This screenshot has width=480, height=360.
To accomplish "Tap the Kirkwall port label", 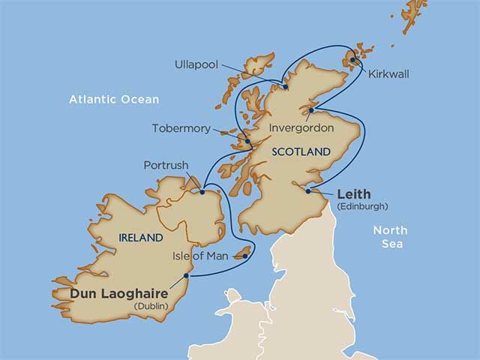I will (388, 74).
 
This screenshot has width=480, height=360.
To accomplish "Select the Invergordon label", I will (301, 128).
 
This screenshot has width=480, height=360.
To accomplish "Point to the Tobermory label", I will (181, 128).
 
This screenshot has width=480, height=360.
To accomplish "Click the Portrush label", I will (166, 165).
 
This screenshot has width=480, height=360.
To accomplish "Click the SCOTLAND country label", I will (301, 151).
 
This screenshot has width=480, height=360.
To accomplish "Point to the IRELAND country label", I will (141, 238).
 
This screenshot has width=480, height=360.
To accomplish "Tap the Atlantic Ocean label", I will (114, 99).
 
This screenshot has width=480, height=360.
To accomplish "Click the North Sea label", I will (390, 237).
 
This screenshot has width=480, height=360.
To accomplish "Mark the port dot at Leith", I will (308, 191).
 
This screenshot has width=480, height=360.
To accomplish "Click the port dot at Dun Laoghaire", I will (186, 275).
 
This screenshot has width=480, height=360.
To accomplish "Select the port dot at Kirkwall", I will (352, 61).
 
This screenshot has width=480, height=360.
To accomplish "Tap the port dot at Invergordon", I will (310, 111).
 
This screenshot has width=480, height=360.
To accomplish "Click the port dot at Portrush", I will (202, 191).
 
